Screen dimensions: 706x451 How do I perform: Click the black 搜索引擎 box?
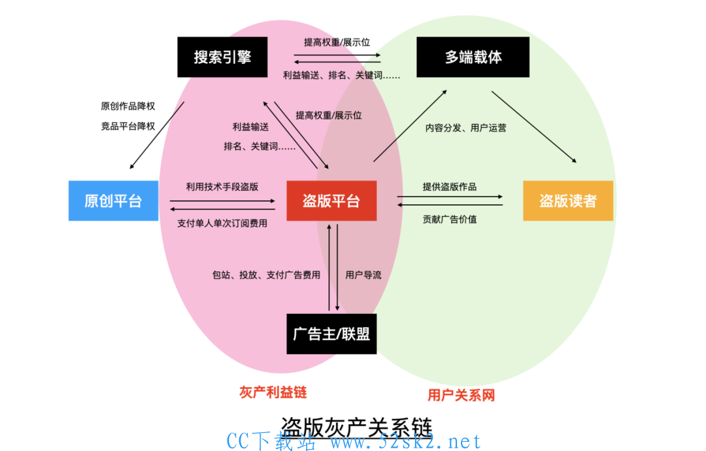(x=222, y=57)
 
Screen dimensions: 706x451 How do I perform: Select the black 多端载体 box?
(x=473, y=57)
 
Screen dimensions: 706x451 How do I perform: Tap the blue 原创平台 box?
(x=114, y=200)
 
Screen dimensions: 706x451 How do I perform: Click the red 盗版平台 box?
(x=331, y=200)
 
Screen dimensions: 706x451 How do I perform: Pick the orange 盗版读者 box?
(x=568, y=200)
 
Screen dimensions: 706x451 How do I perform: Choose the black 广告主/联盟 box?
(x=331, y=334)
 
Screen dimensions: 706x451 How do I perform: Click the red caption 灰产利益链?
(x=273, y=392)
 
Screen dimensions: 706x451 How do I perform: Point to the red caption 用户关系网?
(x=461, y=396)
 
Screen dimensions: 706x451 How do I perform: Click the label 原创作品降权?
(x=128, y=106)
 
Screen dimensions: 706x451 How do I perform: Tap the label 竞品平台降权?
(x=128, y=127)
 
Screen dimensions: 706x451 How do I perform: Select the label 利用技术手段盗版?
(x=222, y=187)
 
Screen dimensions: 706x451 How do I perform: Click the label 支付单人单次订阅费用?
(x=222, y=223)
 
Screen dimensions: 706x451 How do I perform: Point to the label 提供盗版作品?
(x=450, y=187)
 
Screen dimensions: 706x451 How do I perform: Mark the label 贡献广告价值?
(x=450, y=219)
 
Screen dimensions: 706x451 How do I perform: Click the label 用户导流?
(x=363, y=275)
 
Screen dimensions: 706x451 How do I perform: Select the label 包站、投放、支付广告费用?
(x=267, y=275)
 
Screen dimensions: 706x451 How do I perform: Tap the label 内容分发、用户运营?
(x=466, y=128)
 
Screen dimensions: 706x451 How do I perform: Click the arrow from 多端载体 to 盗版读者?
(x=534, y=127)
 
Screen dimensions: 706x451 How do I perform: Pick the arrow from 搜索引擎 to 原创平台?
(x=157, y=135)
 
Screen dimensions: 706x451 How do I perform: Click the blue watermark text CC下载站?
(x=271, y=441)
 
